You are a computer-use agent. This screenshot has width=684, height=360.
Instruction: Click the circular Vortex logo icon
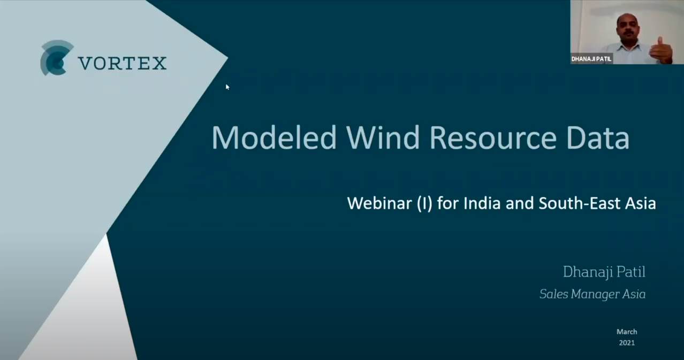point(57,58)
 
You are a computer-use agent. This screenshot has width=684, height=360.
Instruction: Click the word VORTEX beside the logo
point(123,63)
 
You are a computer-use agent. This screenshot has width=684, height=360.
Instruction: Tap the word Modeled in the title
point(274,137)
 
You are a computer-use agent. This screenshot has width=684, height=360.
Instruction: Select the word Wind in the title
point(383,137)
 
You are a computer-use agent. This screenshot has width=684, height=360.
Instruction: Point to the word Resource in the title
point(493,137)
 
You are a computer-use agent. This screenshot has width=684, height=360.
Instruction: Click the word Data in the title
point(598,137)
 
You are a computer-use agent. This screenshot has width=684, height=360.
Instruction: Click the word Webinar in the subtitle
point(379,203)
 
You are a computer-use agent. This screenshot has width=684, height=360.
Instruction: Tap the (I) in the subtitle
point(424,203)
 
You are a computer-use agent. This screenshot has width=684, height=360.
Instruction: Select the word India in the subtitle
point(482,203)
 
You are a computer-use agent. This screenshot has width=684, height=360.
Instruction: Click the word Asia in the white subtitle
point(640,203)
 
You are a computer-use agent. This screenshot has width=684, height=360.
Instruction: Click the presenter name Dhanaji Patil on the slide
point(604,272)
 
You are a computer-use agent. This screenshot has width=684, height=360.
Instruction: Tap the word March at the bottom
point(627,332)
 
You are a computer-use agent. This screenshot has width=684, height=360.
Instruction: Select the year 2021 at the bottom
point(627,343)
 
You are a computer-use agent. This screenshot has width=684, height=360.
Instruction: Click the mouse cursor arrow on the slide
point(227,87)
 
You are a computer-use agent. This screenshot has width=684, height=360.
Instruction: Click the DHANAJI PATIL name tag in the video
point(591,59)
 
